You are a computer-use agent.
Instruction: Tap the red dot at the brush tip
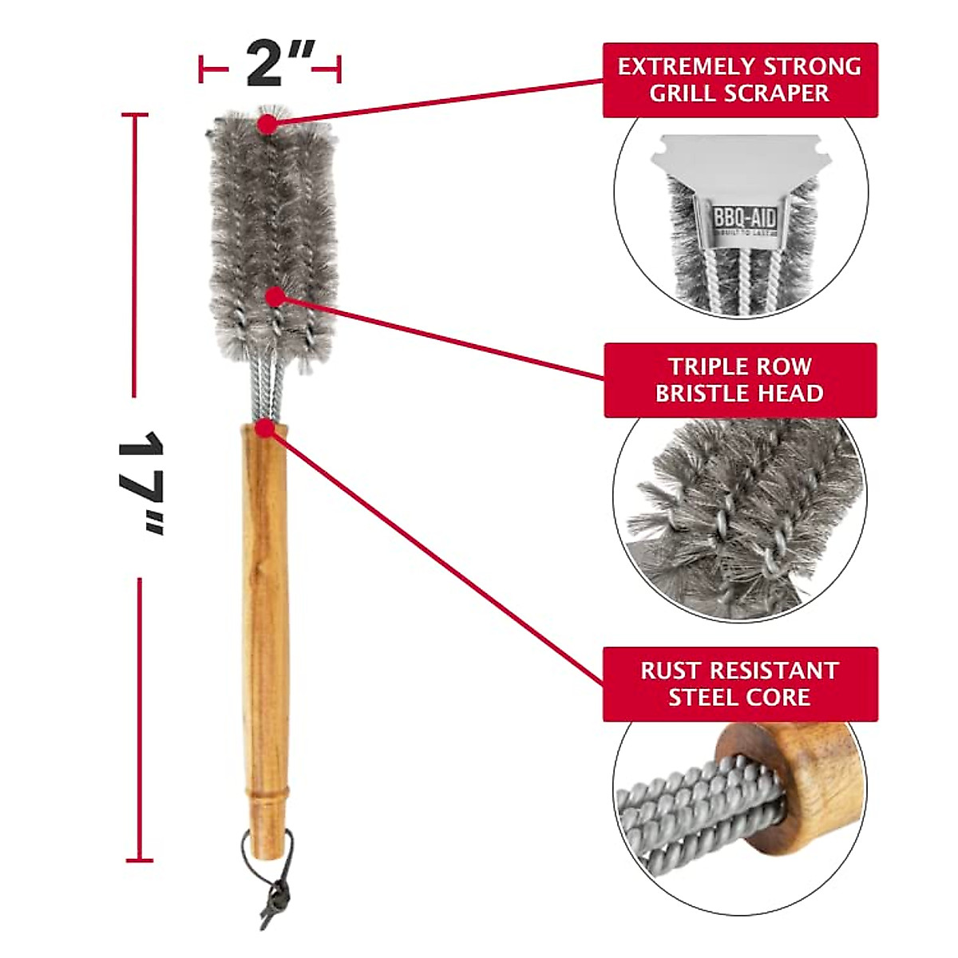pyautogui.click(x=267, y=124)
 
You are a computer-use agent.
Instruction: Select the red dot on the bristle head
pyautogui.click(x=275, y=297)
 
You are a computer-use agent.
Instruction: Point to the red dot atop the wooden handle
pyautogui.click(x=265, y=428)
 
